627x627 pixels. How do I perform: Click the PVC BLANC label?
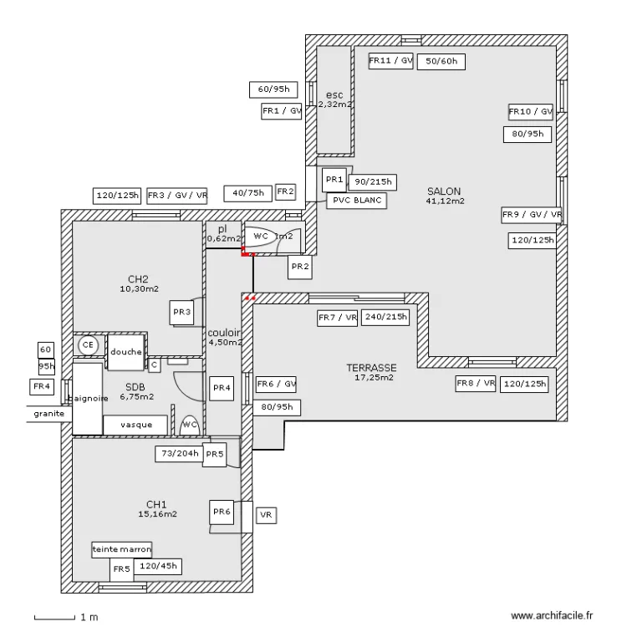click(355, 201)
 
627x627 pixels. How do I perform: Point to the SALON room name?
click(445, 191)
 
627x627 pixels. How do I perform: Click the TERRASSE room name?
click(371, 368)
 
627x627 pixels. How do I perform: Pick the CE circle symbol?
click(87, 344)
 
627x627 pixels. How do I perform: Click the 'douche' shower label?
click(125, 352)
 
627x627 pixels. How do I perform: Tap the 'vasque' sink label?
click(136, 425)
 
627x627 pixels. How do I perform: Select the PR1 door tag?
click(334, 180)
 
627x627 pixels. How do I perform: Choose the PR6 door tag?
click(222, 512)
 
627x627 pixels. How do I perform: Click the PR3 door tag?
click(182, 313)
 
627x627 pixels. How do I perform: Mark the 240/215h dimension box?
click(386, 318)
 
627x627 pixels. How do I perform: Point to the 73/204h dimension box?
click(179, 454)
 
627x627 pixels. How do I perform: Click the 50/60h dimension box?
click(441, 61)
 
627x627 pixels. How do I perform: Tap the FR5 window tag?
click(122, 569)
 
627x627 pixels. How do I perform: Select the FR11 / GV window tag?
click(391, 60)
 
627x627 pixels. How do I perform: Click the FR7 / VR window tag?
click(338, 318)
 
